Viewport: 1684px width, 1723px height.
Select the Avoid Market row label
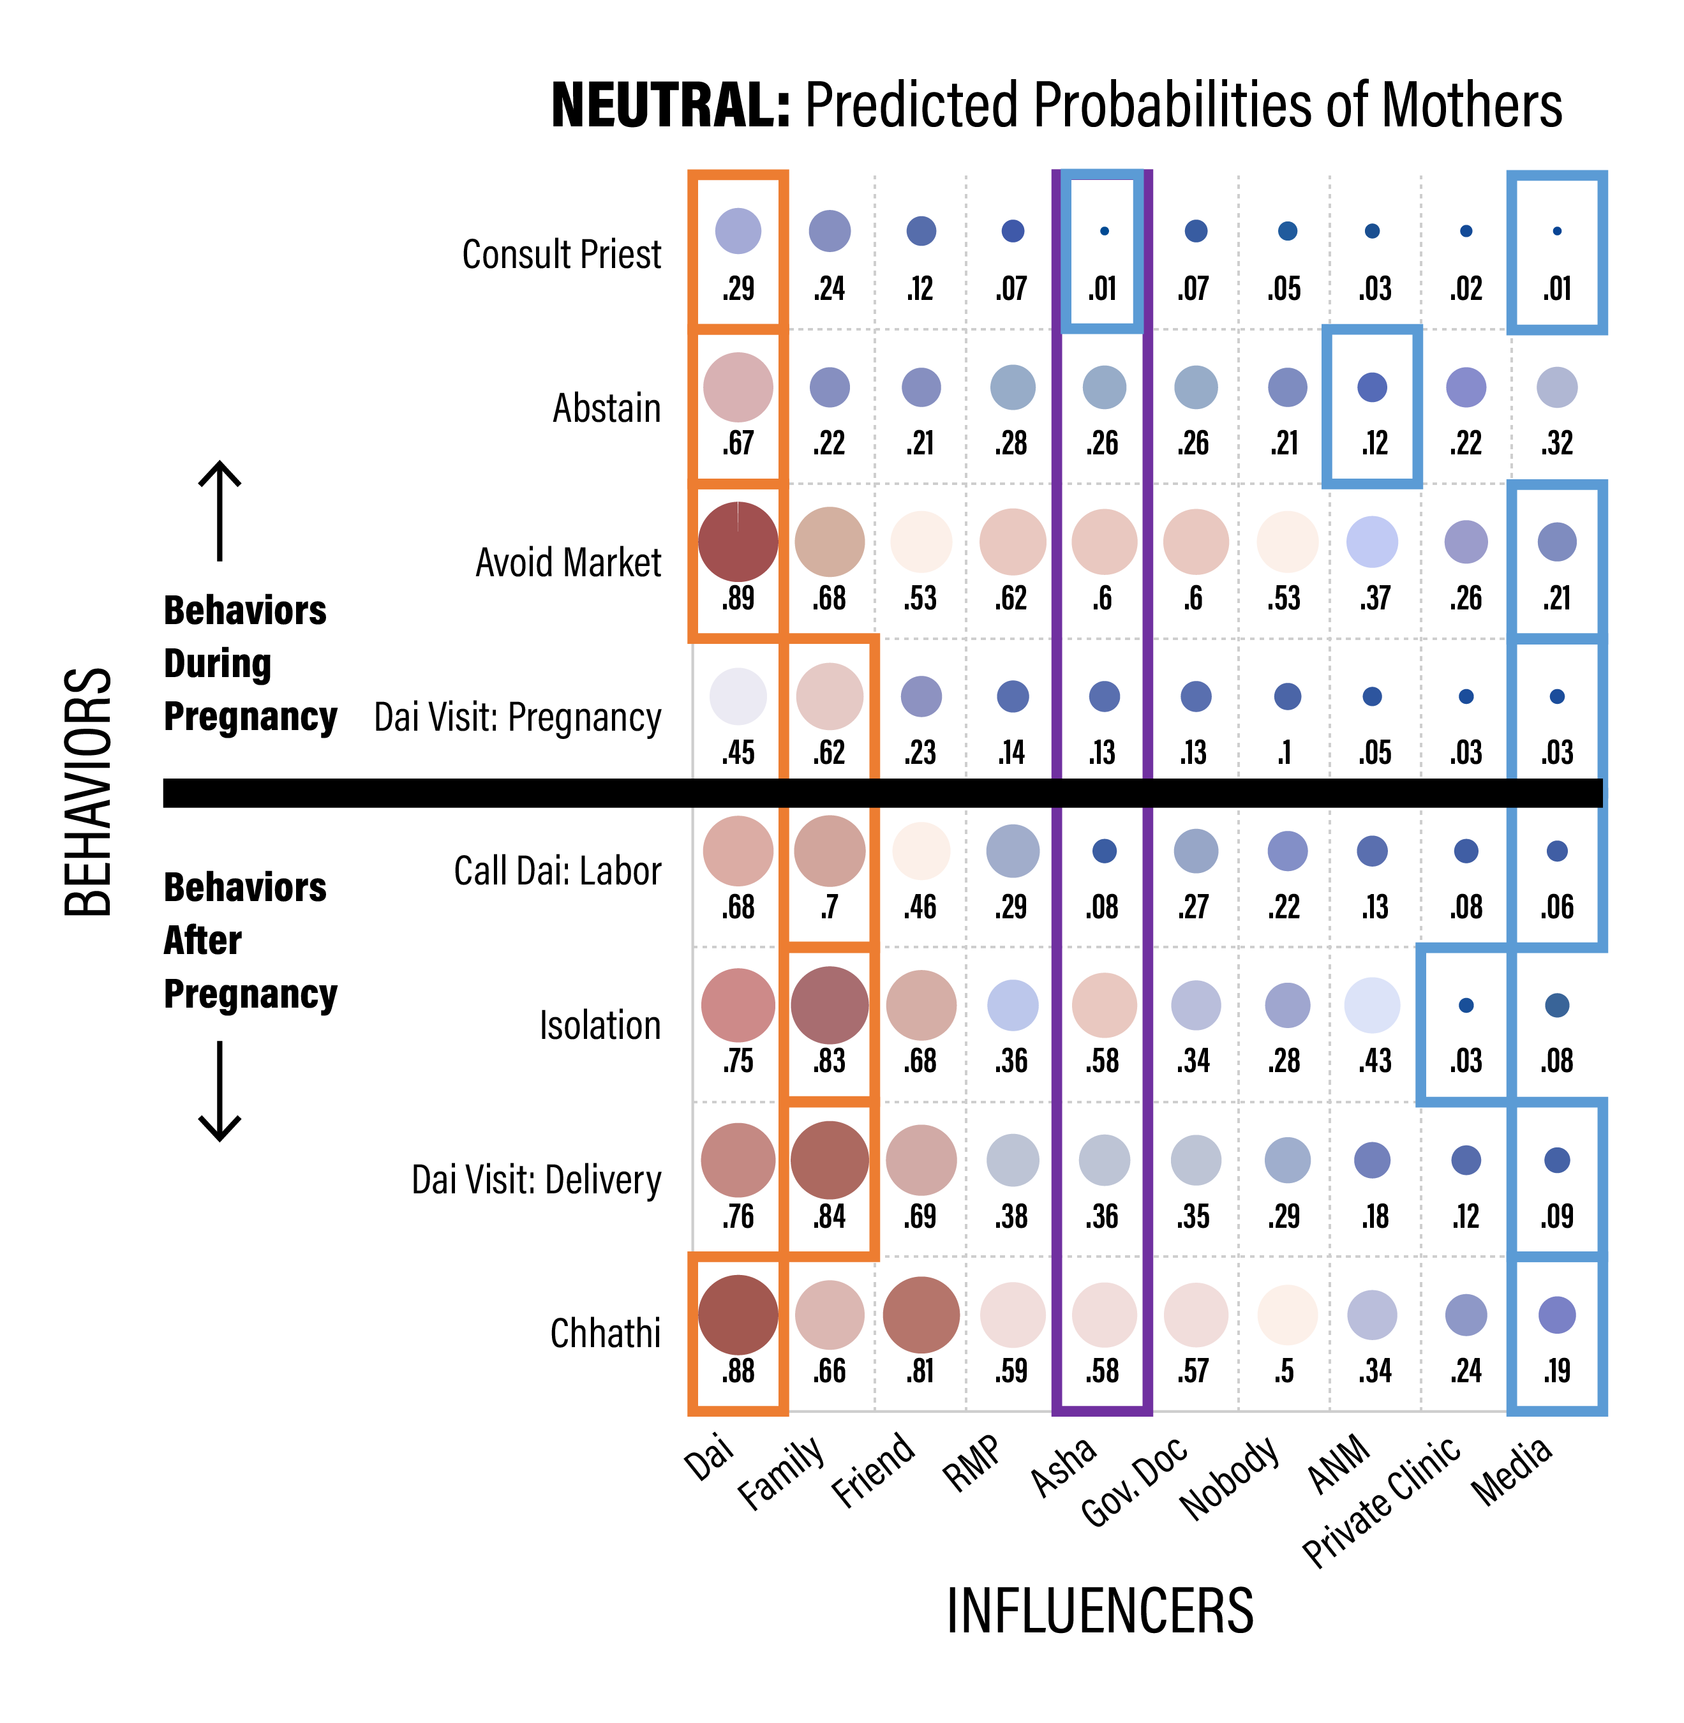(568, 563)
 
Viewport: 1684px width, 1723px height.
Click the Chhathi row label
(605, 1333)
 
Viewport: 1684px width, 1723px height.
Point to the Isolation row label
(600, 1025)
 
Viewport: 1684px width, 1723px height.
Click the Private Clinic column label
(1382, 1500)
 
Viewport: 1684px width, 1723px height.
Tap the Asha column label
(1064, 1466)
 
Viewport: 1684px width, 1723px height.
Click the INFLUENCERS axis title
(1099, 1611)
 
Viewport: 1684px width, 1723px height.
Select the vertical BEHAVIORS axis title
(89, 792)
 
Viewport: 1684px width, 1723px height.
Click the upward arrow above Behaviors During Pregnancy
(220, 511)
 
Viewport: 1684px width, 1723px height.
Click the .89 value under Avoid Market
(738, 599)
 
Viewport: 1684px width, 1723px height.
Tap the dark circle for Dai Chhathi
(738, 1315)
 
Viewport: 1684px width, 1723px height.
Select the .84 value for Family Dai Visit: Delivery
(829, 1216)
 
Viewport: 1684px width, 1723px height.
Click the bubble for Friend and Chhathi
(921, 1315)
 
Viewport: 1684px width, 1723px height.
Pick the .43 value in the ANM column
(1375, 1061)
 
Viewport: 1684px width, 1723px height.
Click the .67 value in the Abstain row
(738, 443)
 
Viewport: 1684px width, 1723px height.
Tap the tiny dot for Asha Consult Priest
(1104, 231)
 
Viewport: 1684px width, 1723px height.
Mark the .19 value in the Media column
(1556, 1371)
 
